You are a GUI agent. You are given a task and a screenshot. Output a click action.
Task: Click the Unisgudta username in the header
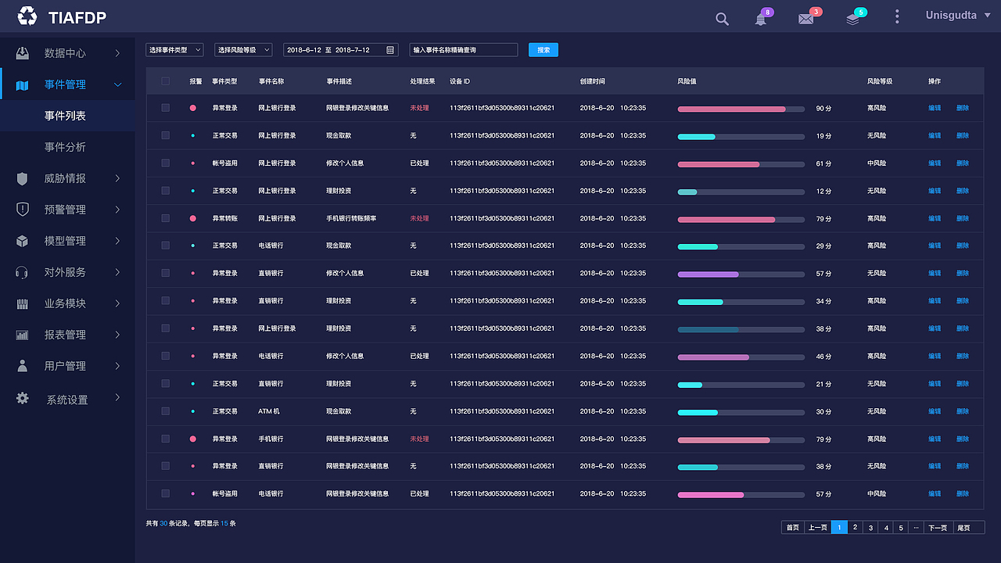tap(951, 16)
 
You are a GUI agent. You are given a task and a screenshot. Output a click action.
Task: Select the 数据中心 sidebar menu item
tap(65, 53)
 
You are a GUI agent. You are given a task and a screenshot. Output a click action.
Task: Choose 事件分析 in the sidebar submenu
tap(65, 147)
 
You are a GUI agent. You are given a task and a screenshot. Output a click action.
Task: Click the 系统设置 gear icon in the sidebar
tap(23, 398)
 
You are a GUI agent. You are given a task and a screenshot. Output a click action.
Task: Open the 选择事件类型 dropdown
tap(174, 50)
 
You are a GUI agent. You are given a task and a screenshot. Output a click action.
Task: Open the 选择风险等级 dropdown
tap(243, 50)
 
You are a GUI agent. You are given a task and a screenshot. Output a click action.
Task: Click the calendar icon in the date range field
tap(390, 50)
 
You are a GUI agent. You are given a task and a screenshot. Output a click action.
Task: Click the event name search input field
tap(463, 50)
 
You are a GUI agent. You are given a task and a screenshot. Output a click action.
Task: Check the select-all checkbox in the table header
tap(165, 81)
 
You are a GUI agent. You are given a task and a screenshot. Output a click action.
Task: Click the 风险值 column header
tap(687, 81)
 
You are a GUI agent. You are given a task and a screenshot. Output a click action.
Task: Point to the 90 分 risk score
tap(823, 109)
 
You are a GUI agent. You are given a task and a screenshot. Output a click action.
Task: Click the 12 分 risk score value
tap(823, 192)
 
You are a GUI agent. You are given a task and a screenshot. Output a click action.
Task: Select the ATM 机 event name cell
tap(269, 411)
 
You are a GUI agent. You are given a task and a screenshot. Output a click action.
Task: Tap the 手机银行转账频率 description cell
tap(351, 219)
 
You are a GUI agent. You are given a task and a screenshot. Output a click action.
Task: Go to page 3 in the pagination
tap(870, 528)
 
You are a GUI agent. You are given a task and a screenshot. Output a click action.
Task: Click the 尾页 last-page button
tap(963, 528)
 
